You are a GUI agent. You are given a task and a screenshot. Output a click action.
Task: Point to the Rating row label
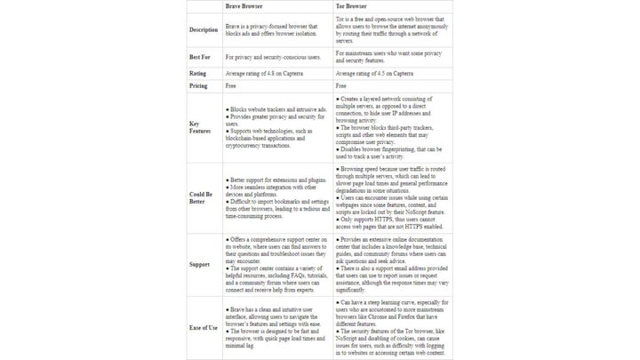pos(198,73)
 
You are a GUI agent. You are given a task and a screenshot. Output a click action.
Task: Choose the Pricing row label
pos(199,86)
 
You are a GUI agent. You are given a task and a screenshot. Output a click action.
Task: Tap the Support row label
pos(200,264)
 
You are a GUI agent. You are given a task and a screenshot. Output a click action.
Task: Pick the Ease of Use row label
pos(204,327)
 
